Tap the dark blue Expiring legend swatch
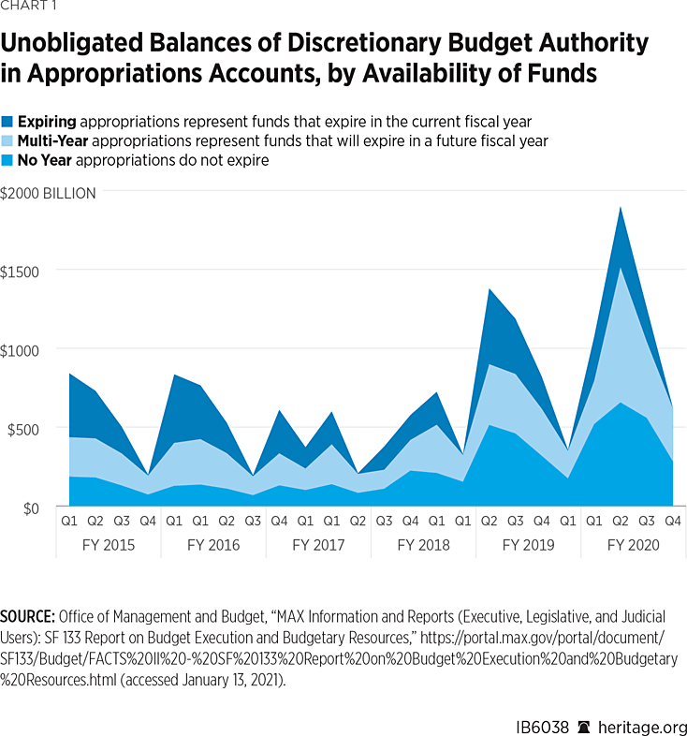coord(7,122)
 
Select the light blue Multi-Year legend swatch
coord(7,141)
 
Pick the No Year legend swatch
coord(7,160)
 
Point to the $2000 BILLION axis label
coord(48,194)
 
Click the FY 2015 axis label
coord(109,545)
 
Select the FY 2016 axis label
coord(213,545)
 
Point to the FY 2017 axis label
coord(318,545)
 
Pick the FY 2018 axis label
coord(423,545)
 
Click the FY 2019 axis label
coord(528,545)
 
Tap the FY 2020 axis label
coord(633,545)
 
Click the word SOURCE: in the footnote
coord(28,617)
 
